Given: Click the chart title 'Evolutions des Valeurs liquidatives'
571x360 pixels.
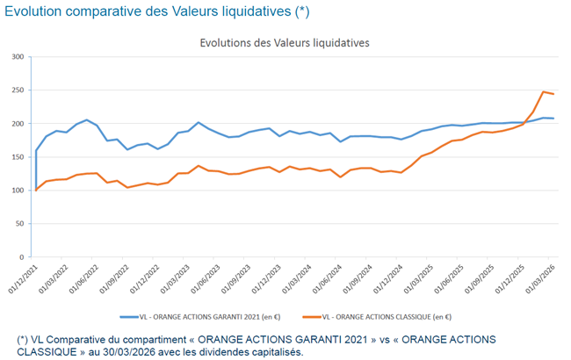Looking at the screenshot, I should [285, 42].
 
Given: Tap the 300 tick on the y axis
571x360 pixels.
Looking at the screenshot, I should [18, 57].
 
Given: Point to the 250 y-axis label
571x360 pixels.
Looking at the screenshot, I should [18, 90].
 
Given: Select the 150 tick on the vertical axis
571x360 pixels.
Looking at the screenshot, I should [18, 157].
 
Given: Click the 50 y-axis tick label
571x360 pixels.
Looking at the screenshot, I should [19, 224].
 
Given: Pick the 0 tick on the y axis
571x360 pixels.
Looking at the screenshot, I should [22, 257].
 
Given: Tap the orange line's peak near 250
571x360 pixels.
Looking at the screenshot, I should [544, 91].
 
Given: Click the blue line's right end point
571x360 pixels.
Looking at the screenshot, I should [553, 119].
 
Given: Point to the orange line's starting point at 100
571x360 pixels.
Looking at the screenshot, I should [36, 190].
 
